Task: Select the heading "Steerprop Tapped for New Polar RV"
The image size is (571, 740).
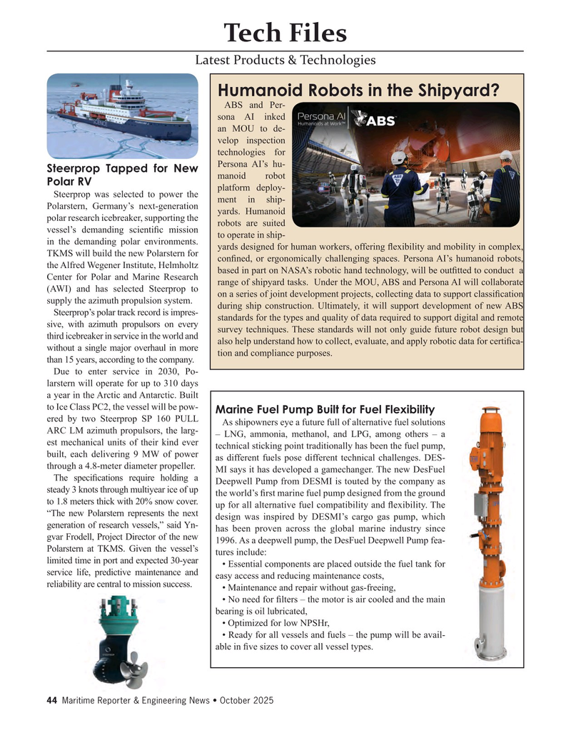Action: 122,175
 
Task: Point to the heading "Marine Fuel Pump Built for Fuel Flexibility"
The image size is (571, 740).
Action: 325,408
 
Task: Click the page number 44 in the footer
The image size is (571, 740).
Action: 51,701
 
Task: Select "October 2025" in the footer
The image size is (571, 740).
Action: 246,701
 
